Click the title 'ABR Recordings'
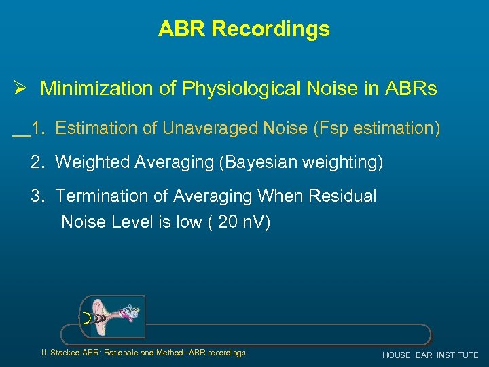(244, 29)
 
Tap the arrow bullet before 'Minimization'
(20, 88)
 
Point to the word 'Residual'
(343, 196)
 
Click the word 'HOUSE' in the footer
(397, 355)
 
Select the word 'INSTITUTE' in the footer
(458, 355)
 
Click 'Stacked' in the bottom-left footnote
(65, 353)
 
